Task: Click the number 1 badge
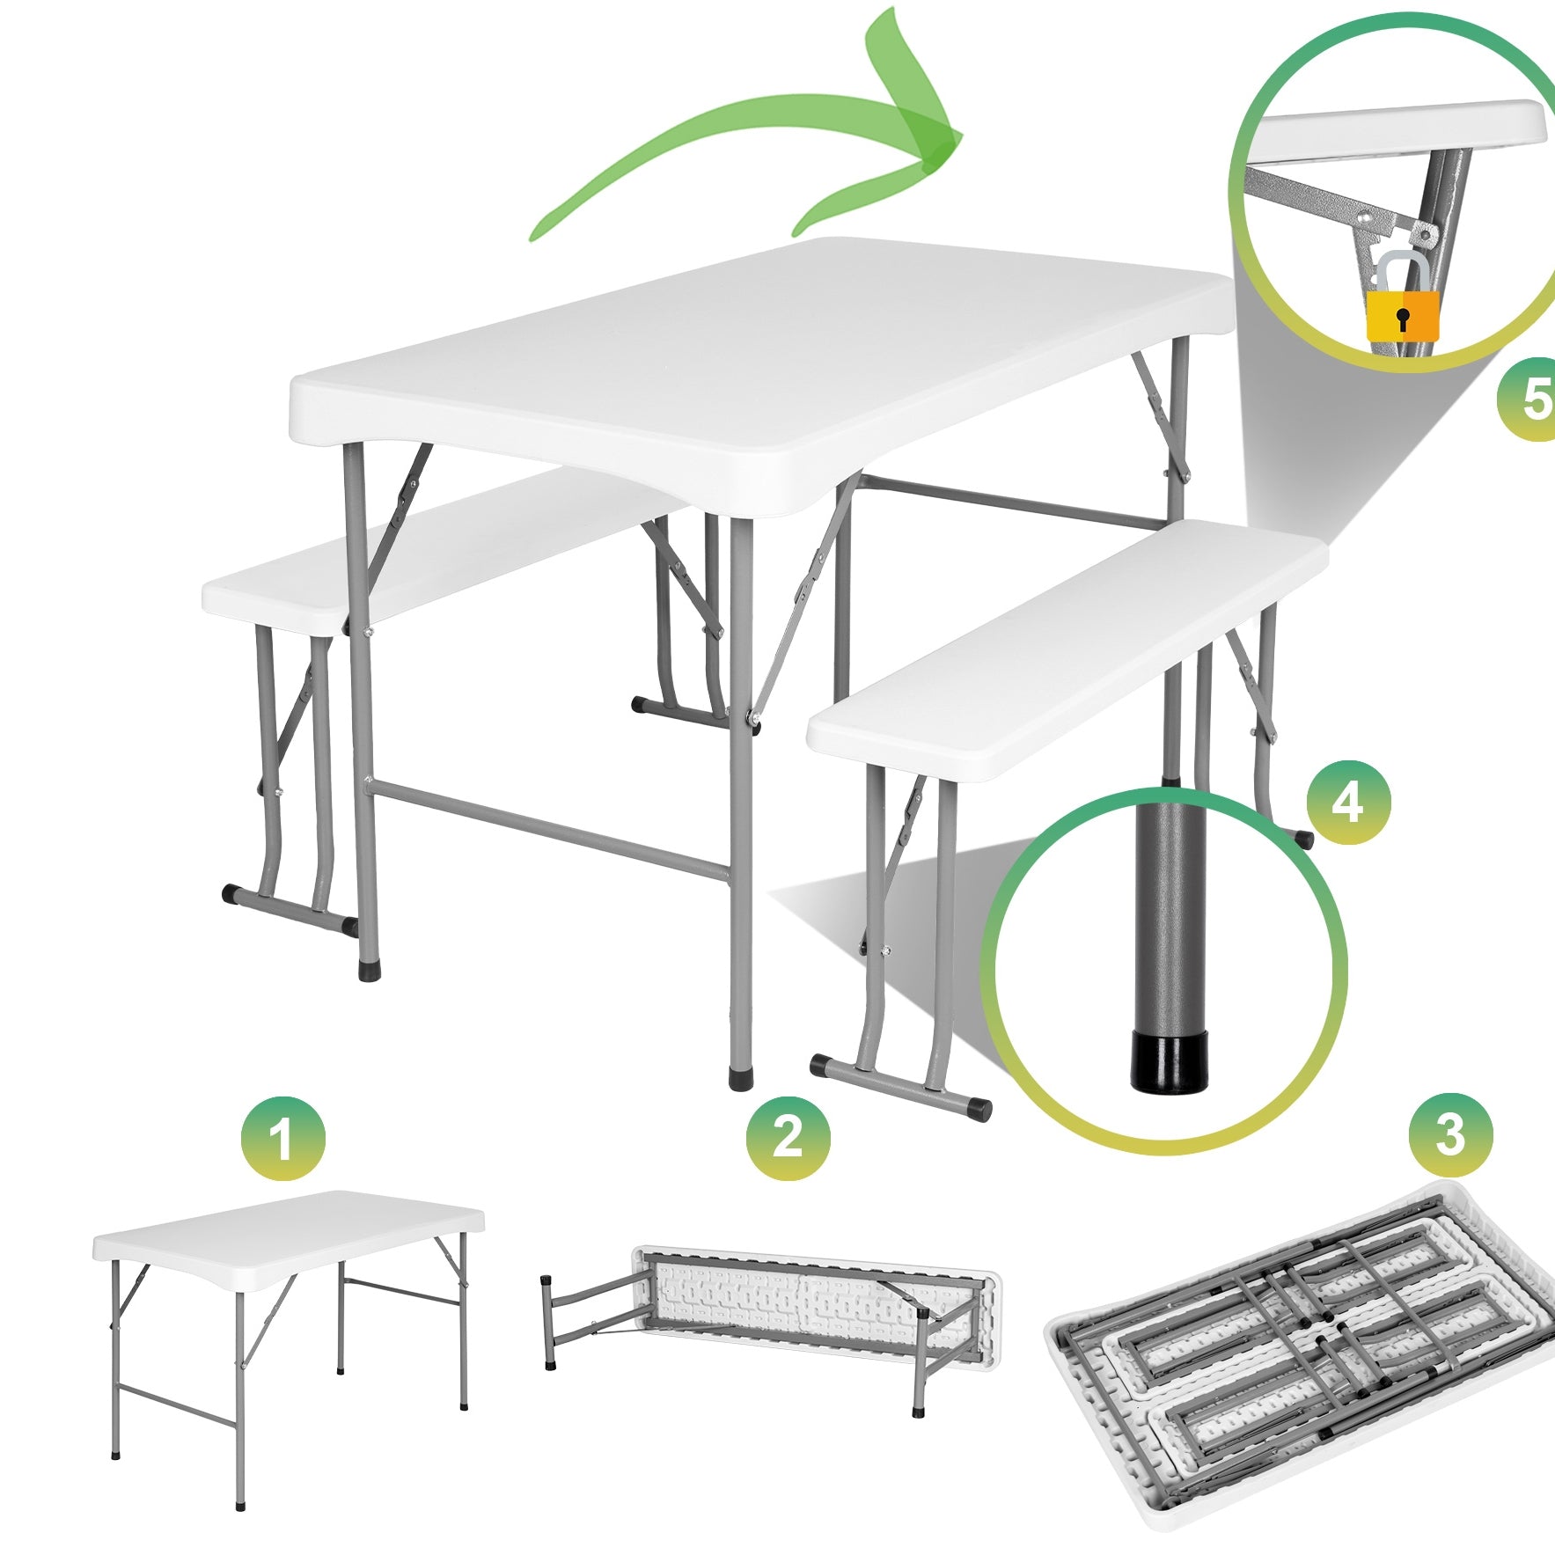click(282, 1139)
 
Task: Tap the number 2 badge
click(788, 1137)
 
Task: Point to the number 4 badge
click(1347, 802)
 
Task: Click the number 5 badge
click(1531, 399)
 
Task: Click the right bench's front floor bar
click(898, 1084)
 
